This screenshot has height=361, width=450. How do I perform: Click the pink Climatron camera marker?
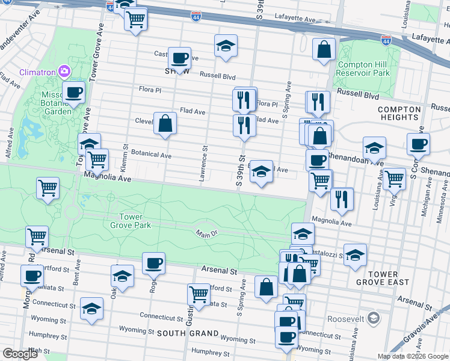click(64, 72)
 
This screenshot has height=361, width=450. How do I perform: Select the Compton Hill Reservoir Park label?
click(364, 69)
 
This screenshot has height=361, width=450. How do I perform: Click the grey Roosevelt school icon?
click(373, 317)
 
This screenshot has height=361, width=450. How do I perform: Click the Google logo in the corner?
click(20, 354)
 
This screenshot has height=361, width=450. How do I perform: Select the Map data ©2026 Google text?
click(412, 356)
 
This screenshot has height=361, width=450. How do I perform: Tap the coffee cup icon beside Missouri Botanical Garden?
click(73, 93)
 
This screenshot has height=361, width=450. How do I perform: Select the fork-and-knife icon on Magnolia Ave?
click(342, 200)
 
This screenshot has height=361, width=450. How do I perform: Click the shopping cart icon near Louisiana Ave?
click(394, 178)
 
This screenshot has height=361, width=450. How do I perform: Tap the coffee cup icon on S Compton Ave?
click(418, 144)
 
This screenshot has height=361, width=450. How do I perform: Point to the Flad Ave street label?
click(193, 111)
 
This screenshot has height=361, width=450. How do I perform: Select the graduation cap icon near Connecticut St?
click(91, 309)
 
